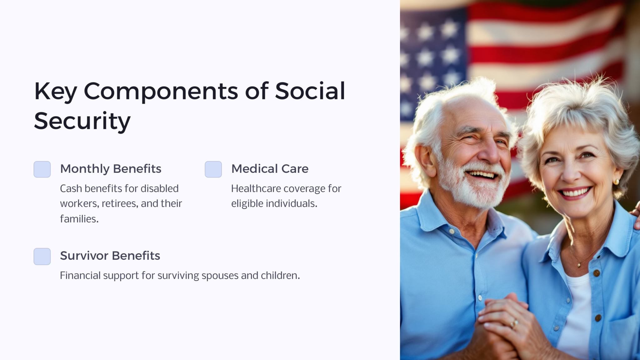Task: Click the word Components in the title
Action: tap(161, 91)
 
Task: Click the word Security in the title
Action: tap(82, 121)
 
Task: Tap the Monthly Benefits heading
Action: tap(111, 169)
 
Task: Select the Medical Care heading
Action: tap(270, 169)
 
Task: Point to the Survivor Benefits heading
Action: tap(110, 256)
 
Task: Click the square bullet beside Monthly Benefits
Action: tap(42, 169)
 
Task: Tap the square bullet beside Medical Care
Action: tap(213, 169)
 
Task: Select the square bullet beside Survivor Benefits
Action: tap(42, 256)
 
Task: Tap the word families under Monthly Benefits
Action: tap(79, 219)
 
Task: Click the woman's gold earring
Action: tap(616, 182)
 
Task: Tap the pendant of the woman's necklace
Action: tap(579, 265)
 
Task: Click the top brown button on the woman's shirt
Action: tap(596, 273)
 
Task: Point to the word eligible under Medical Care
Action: tap(247, 203)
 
